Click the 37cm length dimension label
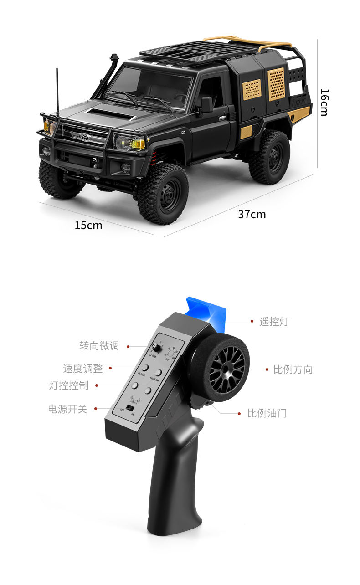[252, 214]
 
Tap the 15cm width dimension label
[88, 225]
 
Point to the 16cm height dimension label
[324, 102]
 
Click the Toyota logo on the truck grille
[85, 137]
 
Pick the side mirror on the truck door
[206, 104]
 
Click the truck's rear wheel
[269, 157]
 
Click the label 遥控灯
[274, 322]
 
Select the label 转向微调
[99, 346]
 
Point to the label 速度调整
[82, 368]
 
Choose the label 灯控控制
[69, 385]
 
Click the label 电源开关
[67, 409]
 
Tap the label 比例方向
[293, 369]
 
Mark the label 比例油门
[267, 413]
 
